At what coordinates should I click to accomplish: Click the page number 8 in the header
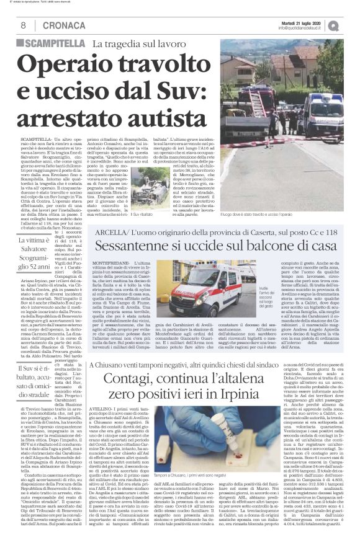point(23,25)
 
